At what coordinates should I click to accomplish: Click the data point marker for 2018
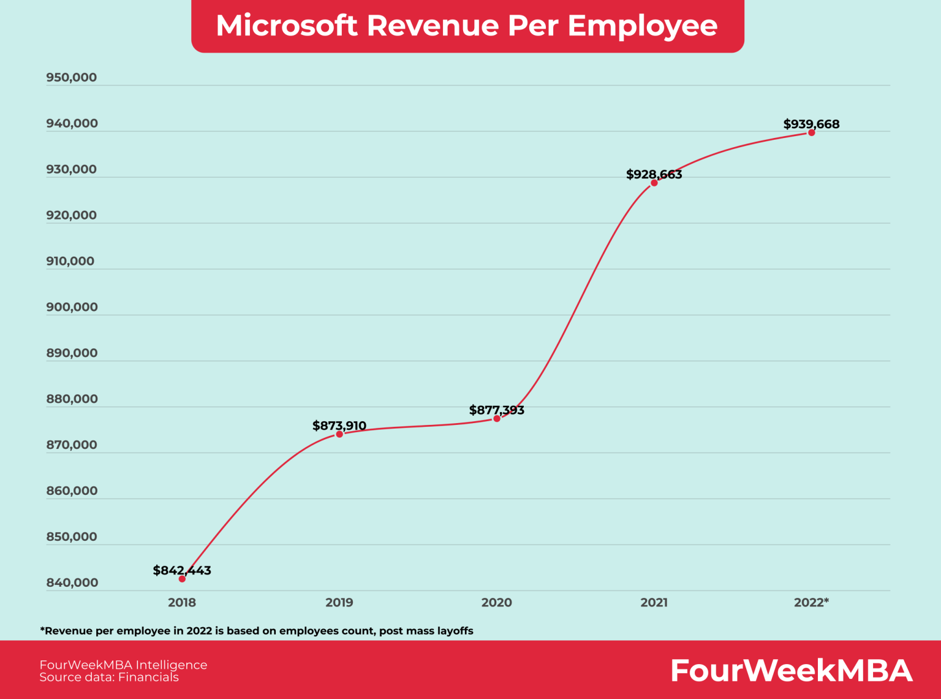coord(182,579)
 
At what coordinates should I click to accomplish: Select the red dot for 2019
coord(339,434)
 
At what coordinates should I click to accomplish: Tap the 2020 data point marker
coord(497,419)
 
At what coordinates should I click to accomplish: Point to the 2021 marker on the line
coord(654,183)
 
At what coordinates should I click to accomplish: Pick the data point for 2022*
coord(812,132)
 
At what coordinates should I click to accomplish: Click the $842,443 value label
coord(182,570)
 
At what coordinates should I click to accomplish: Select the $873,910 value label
coord(339,426)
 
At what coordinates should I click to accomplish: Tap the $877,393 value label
coord(497,410)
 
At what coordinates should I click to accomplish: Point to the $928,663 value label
coord(654,174)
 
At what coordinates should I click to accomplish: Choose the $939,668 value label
coord(812,124)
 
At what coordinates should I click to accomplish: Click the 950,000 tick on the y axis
coord(72,77)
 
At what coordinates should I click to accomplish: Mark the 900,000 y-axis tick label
coord(72,307)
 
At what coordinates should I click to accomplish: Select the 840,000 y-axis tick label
coord(72,582)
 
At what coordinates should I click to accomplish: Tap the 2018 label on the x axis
coord(182,602)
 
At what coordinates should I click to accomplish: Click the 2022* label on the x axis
coord(812,602)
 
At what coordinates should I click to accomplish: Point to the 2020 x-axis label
coord(497,602)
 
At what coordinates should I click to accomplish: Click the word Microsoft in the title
coord(287,26)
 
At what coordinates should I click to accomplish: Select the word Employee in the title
coord(643,26)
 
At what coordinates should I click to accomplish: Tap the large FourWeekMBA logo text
coord(792,670)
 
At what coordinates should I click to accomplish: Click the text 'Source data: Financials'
coord(109,677)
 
